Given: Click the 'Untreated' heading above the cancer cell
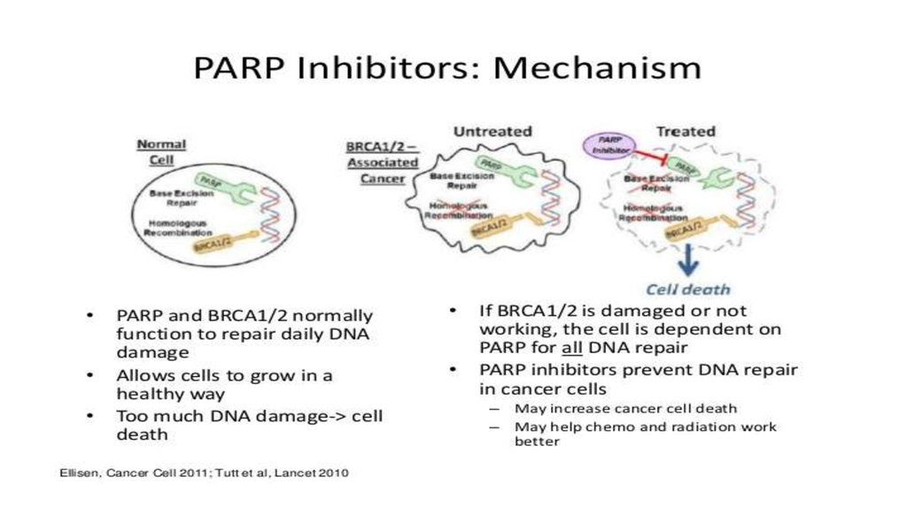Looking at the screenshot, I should tap(492, 131).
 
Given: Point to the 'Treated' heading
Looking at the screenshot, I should tap(685, 131).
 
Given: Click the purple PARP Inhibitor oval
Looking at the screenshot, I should tap(609, 146).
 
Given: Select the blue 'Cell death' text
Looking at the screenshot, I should tap(687, 289).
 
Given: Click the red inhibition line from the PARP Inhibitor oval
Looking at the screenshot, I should tap(657, 159).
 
